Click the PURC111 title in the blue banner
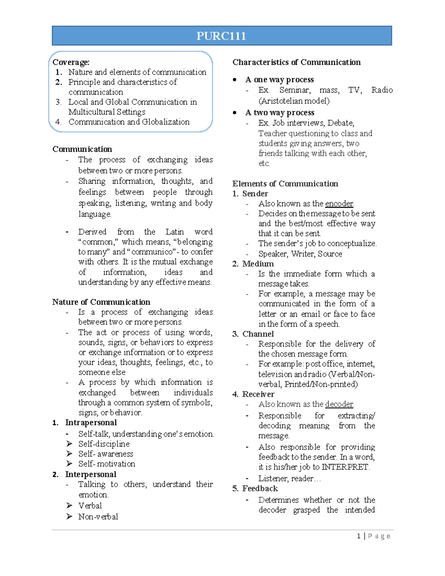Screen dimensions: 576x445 (x=221, y=36)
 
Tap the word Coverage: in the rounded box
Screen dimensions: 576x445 (x=71, y=62)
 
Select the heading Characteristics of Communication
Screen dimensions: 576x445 (x=296, y=62)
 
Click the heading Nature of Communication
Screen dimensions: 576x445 (x=101, y=302)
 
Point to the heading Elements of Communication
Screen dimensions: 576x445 (x=285, y=184)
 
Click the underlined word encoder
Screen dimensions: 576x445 (x=339, y=204)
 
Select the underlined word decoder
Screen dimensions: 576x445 (x=339, y=404)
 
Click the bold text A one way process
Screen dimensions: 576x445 (x=280, y=80)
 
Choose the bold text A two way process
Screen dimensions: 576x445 (x=280, y=113)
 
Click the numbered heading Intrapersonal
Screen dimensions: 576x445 (x=91, y=422)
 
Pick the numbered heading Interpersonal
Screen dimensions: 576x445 (x=90, y=474)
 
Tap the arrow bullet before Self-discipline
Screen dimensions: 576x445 (x=69, y=444)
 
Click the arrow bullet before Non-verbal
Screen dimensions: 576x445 (x=69, y=516)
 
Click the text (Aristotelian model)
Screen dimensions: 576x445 (x=294, y=101)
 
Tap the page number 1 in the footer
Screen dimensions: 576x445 (x=359, y=536)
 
